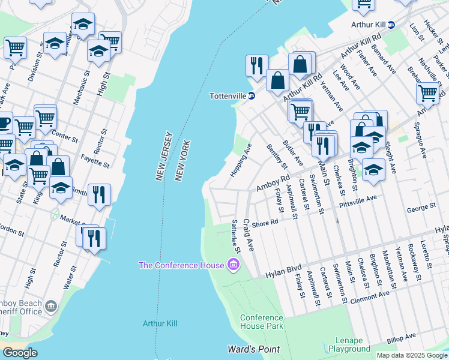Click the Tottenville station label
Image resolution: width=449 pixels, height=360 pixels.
pos(228,95)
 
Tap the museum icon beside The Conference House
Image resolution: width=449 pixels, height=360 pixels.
pos(232,265)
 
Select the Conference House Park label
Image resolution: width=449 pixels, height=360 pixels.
pos(261,322)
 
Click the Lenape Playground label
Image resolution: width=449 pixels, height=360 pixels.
pos(349,344)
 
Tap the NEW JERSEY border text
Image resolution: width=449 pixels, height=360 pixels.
pos(162,156)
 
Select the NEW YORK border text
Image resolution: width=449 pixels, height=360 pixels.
pos(182,161)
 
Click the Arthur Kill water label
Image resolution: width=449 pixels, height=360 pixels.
pos(160,323)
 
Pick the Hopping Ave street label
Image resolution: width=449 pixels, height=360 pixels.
pos(240,160)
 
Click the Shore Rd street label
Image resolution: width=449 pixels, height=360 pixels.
pos(265,222)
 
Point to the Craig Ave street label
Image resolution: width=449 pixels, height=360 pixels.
pos(249,235)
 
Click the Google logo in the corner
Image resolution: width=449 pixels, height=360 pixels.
pos(20,353)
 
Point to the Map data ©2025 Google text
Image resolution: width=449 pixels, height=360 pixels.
pos(411,355)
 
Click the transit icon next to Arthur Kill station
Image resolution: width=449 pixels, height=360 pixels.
pos(391,25)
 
